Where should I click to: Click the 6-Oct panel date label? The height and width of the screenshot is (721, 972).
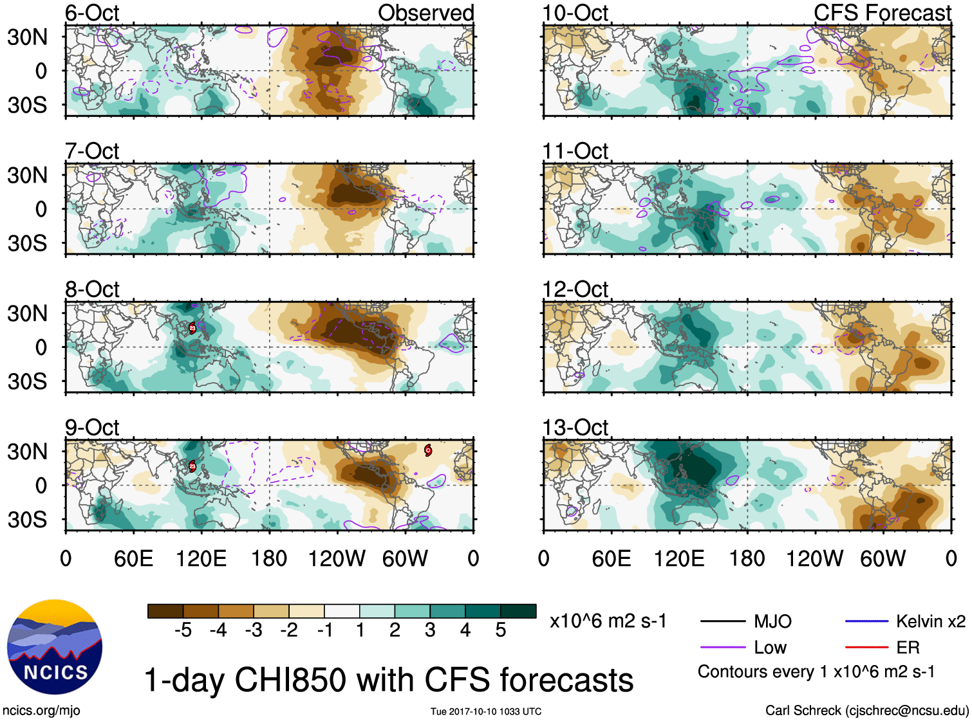[92, 13]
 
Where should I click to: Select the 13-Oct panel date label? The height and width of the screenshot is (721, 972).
[575, 428]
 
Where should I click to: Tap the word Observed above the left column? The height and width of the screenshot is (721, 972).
[425, 13]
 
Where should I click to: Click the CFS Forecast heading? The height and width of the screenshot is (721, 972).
[882, 13]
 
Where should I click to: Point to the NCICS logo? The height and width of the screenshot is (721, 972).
[55, 647]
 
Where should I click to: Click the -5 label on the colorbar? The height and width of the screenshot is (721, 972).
[183, 630]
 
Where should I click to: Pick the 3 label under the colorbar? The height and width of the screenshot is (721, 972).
[430, 630]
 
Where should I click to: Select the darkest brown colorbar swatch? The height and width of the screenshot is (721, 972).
[165, 611]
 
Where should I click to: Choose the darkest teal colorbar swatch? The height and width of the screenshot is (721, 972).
[518, 611]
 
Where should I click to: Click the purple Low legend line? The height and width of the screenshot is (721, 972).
[722, 648]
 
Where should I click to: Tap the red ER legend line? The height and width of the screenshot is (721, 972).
[866, 648]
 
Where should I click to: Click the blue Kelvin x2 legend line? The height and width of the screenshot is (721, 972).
[866, 621]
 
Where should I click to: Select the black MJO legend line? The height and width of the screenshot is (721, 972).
[722, 621]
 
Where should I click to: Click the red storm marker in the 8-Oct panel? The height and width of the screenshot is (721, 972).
[192, 328]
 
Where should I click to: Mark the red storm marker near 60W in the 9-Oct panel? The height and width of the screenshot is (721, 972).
[428, 450]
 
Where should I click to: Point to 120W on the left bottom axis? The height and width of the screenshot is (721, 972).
[337, 558]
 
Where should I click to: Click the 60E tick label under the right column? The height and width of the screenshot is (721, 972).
[611, 558]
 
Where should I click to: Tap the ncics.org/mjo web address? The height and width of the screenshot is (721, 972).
[41, 711]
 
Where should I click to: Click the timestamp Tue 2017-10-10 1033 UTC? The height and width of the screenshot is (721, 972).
[486, 711]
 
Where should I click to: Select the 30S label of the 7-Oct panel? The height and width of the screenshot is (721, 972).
[28, 243]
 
